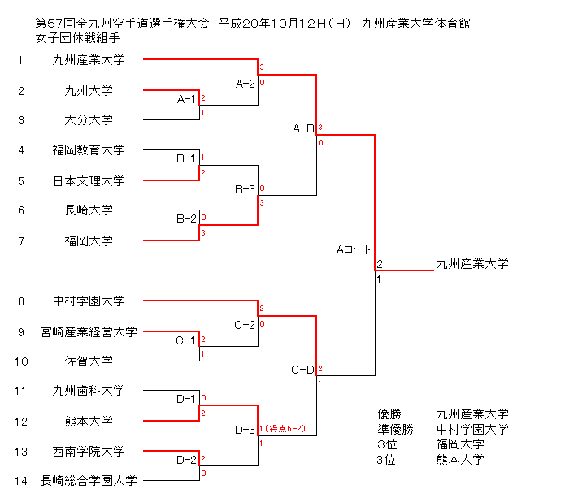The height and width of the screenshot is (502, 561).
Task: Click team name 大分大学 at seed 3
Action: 89,120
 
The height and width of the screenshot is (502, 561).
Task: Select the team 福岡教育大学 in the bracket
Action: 89,150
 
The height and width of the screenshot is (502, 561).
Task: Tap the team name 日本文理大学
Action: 89,180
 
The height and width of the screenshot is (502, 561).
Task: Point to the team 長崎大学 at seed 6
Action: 89,210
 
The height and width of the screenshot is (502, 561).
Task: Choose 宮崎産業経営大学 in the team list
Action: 89,331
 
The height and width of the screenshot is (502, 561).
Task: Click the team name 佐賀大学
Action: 89,361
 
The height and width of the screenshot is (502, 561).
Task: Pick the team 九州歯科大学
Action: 89,391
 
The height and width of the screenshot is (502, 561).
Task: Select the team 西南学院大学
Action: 89,452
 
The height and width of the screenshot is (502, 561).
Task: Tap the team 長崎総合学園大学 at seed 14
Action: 89,481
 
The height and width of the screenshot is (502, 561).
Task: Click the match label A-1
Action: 186,99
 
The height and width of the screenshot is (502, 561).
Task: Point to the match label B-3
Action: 245,189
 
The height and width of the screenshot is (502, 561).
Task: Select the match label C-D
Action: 302,370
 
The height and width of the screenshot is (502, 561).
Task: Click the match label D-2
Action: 186,461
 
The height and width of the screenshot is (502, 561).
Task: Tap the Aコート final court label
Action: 354,249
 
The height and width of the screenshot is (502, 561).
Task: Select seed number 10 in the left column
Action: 21,361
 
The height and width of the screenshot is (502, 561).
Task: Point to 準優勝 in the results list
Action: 395,429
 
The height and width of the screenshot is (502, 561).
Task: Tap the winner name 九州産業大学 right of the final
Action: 472,263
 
